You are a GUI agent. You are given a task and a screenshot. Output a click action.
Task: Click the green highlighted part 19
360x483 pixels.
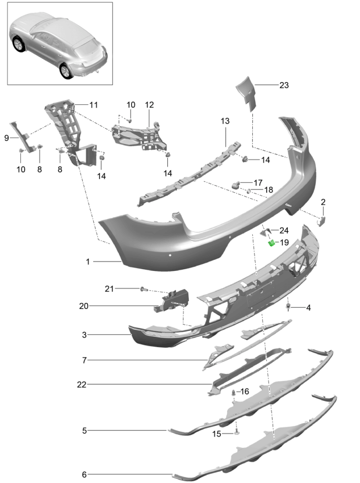[271, 243]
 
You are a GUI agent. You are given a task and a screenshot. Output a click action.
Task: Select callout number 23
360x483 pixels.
[284, 85]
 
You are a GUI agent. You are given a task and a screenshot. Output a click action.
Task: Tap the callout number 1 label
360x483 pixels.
[88, 262]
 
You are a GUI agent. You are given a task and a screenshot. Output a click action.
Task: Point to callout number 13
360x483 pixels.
[225, 121]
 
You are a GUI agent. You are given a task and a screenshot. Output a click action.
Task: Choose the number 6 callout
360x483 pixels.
[84, 474]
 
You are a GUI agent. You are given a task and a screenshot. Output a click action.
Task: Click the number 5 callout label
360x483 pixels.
[84, 431]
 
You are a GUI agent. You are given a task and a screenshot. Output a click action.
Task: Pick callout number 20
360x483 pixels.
[84, 305]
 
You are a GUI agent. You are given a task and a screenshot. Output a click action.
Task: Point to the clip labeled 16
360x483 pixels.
[234, 394]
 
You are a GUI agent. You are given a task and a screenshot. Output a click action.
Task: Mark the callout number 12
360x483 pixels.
[150, 105]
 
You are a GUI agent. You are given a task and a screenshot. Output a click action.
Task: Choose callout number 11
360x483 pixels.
[94, 104]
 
